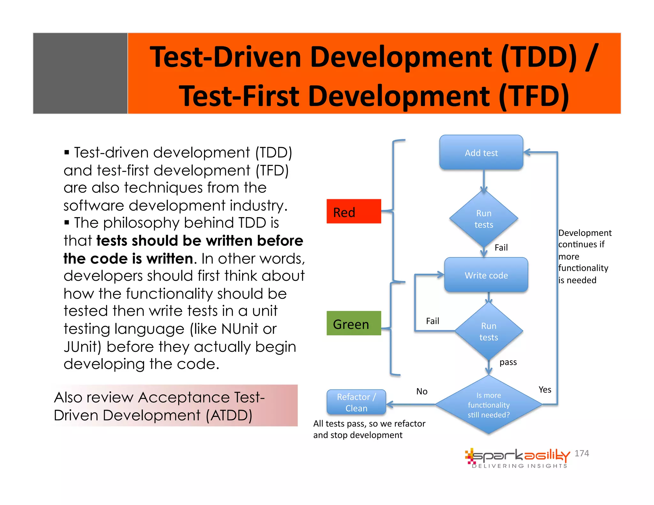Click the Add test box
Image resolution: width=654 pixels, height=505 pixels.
[481, 153]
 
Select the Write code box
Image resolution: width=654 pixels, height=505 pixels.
[486, 275]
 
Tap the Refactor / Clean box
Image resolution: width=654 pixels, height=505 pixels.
[356, 402]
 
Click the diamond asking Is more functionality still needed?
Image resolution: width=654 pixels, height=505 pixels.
[488, 405]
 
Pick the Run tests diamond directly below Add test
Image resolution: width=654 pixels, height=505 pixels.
[483, 219]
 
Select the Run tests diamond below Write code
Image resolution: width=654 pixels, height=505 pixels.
[488, 331]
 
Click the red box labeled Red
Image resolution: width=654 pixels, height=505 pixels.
[354, 211]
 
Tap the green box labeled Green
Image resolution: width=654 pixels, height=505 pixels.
[354, 323]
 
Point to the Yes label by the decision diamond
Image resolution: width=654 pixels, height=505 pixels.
[544, 390]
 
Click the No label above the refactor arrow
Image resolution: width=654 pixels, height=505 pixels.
[422, 391]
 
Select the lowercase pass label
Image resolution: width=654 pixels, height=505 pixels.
[508, 362]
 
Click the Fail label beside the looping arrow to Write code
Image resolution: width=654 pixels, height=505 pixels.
[432, 321]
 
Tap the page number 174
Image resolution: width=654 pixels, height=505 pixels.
[582, 453]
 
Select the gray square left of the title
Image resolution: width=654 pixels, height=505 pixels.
[80, 73]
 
